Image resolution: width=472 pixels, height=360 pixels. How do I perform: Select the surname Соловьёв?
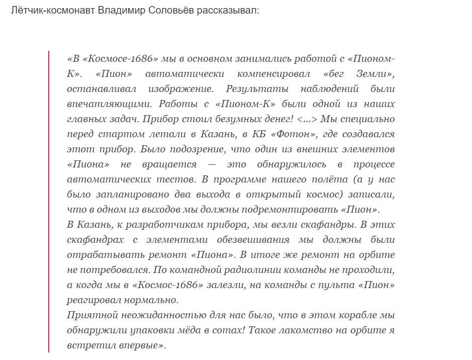pos(172,11)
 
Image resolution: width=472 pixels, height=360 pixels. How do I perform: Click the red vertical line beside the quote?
pos(49,201)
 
